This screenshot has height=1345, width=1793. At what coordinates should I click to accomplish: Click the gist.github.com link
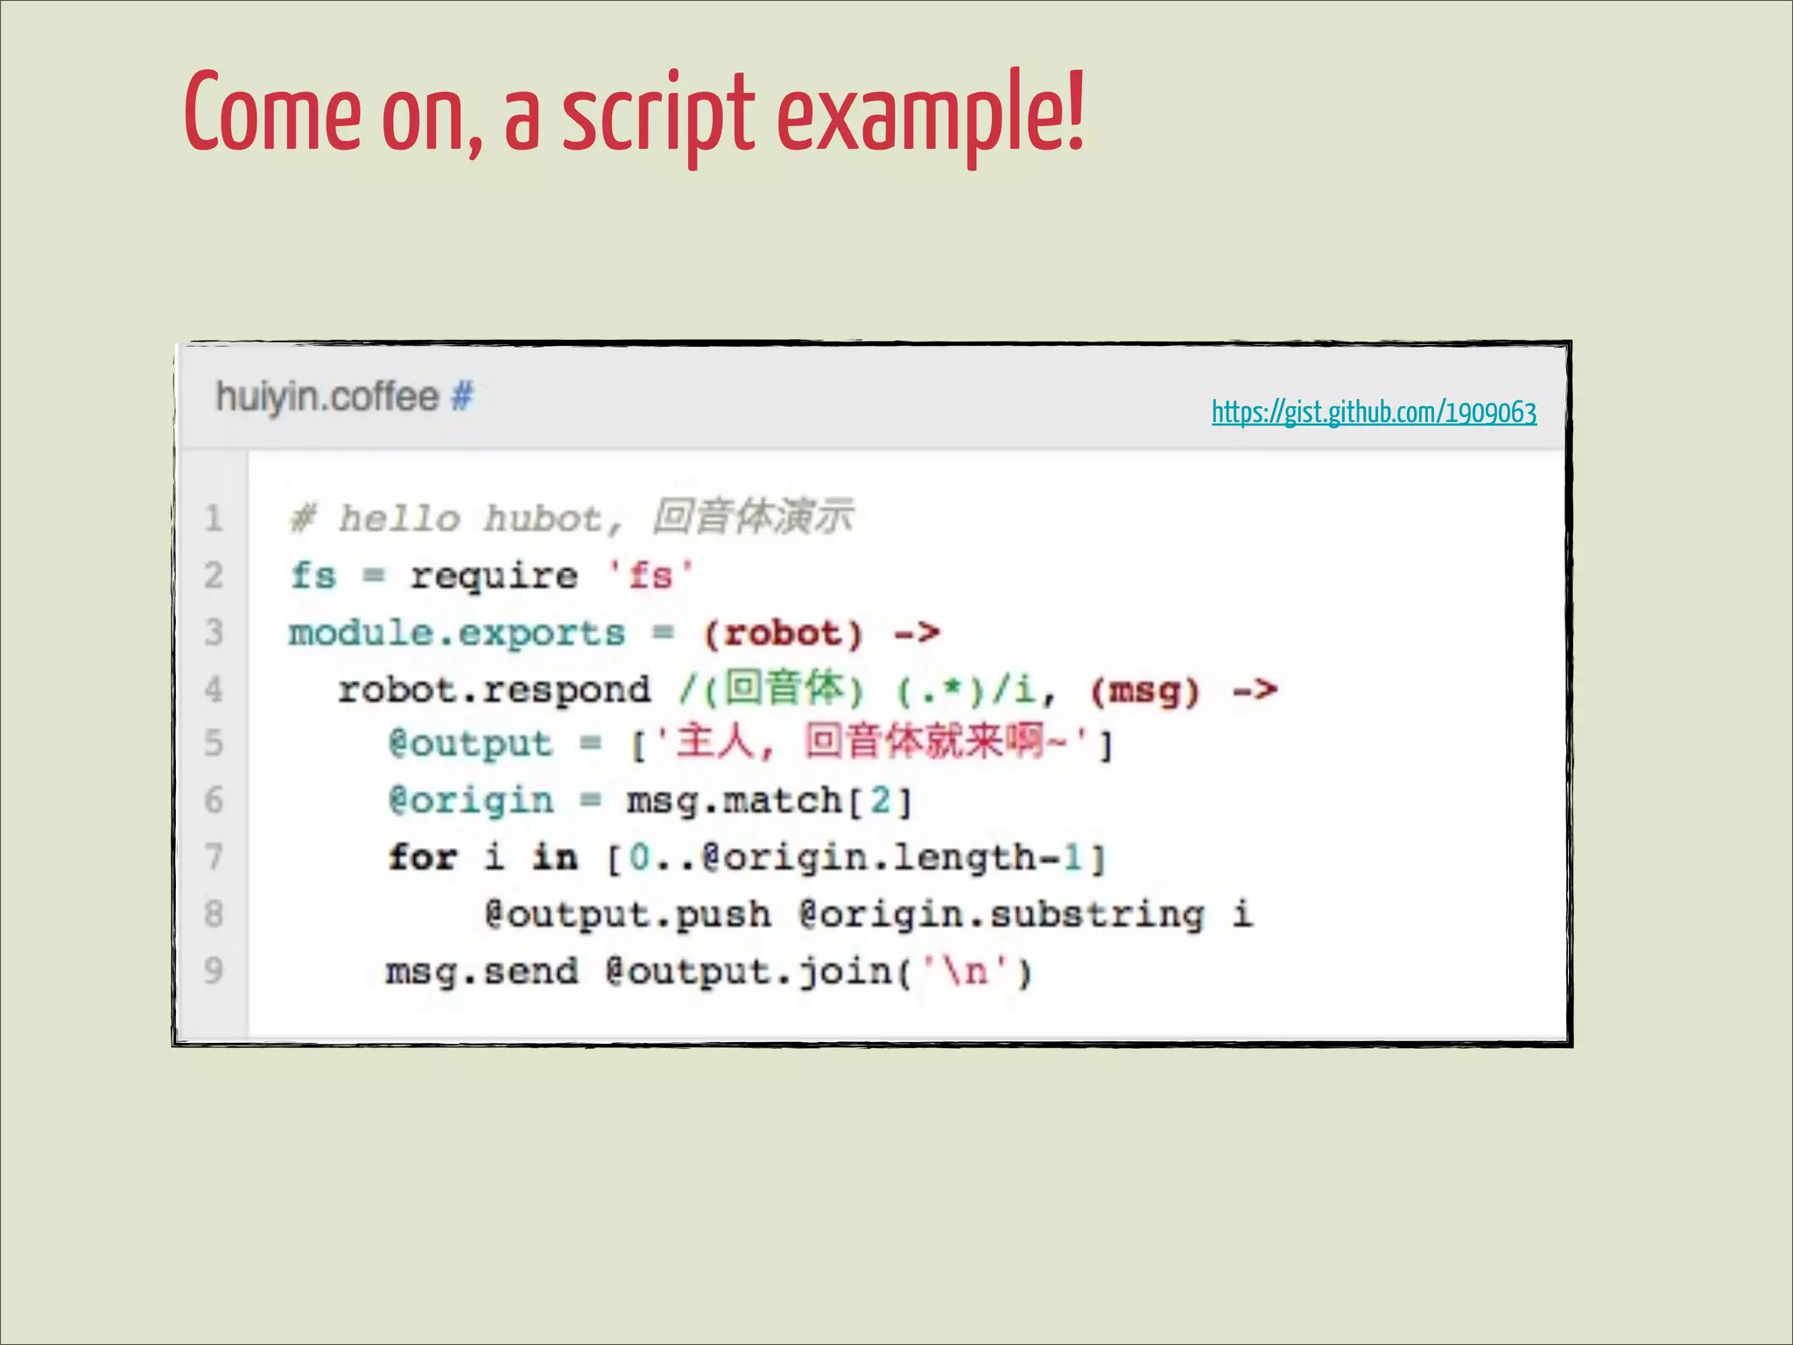(1373, 412)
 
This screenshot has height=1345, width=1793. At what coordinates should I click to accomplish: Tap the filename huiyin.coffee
(327, 397)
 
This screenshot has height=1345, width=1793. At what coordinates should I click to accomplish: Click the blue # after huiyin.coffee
(462, 397)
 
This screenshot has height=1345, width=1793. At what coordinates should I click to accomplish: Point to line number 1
(214, 518)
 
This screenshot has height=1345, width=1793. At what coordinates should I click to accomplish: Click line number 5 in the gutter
(214, 743)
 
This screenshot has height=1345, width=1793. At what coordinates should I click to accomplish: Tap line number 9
(214, 970)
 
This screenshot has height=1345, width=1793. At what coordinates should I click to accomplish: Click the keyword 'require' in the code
(494, 576)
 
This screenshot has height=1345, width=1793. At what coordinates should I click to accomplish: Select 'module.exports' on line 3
(456, 632)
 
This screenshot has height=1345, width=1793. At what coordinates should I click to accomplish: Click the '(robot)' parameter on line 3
(783, 633)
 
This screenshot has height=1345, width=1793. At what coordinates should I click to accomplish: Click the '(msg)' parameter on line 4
(1144, 691)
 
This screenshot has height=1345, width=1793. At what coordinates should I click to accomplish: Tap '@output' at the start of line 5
(470, 743)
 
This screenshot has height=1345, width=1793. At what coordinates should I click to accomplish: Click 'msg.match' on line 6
(734, 800)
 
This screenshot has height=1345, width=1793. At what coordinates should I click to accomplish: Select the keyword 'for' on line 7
(423, 856)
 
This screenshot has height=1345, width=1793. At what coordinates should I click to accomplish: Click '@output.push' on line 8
(628, 914)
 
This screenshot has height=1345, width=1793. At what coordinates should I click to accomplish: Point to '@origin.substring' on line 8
(1002, 914)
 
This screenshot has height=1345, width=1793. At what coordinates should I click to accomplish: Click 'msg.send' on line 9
(482, 971)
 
